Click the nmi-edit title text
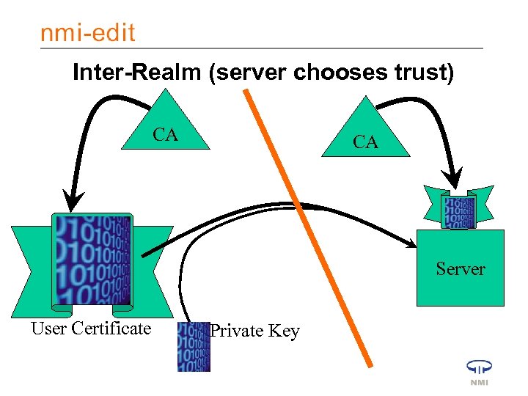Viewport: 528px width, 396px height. pyautogui.click(x=87, y=32)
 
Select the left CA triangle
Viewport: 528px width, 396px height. pyautogui.click(x=166, y=128)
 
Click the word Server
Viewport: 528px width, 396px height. pyautogui.click(x=460, y=269)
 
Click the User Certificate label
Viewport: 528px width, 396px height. pyautogui.click(x=91, y=329)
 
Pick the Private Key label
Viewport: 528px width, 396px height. pyautogui.click(x=254, y=331)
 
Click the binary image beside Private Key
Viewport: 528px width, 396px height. pyautogui.click(x=194, y=346)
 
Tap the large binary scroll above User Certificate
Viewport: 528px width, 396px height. pyautogui.click(x=91, y=260)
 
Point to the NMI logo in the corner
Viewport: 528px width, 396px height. pyautogui.click(x=479, y=371)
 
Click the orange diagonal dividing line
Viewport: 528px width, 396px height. pyautogui.click(x=308, y=227)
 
